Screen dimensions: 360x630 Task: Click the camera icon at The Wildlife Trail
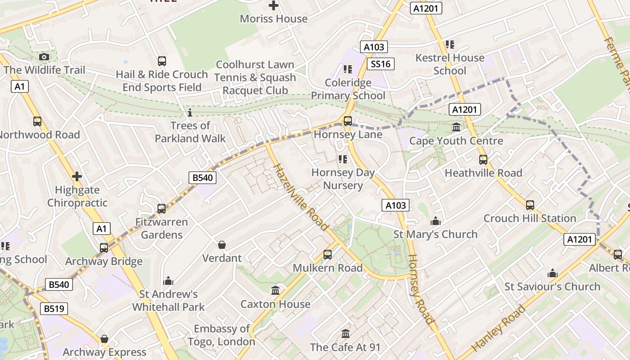point(44,57)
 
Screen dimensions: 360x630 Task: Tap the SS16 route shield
point(380,64)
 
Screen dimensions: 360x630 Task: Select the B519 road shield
point(54,309)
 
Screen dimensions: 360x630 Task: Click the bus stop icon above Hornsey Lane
point(347,121)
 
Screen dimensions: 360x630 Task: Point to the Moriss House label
point(274,19)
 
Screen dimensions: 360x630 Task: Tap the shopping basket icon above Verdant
point(221,245)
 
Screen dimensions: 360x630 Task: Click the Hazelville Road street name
point(301,197)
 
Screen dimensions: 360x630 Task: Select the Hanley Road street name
point(498,328)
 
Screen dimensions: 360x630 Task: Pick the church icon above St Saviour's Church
point(552,273)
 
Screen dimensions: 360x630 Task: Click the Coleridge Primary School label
point(348,89)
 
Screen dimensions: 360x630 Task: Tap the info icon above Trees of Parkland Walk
point(189,112)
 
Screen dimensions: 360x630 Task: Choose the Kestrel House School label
point(450,64)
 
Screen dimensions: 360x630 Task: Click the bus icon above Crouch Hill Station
point(530,205)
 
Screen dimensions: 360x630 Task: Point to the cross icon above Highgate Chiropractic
point(77,176)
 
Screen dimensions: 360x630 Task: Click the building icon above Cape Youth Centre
point(456,127)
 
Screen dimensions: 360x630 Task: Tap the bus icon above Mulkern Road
point(328,255)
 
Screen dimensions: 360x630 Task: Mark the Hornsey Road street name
point(421,289)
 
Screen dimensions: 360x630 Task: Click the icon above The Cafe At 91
point(345,334)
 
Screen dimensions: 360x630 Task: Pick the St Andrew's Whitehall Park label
point(168,301)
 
